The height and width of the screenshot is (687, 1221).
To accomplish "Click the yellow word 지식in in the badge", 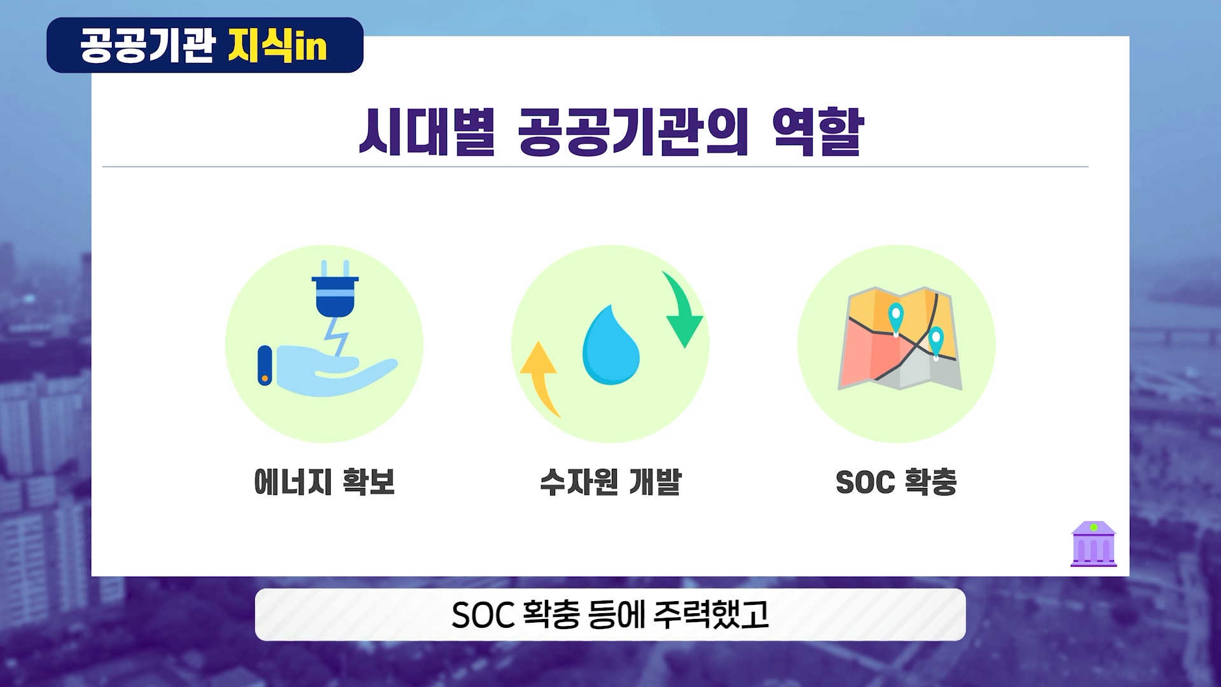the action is (278, 45).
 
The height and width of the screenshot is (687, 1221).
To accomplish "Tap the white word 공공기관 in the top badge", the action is (148, 45).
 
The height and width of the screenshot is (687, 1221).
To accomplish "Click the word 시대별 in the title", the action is (427, 132).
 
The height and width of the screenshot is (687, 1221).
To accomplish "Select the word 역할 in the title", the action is (818, 132).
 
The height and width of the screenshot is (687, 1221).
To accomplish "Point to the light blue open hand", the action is (327, 370).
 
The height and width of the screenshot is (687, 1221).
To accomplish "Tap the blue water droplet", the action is (611, 345).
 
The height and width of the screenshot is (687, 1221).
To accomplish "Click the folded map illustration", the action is (900, 338).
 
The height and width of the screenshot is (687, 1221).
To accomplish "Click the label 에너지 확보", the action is (324, 482).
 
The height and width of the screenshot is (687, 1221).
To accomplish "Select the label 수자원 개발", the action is (610, 482).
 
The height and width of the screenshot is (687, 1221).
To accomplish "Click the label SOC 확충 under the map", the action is (897, 482).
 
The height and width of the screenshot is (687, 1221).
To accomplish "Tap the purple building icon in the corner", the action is (1094, 544).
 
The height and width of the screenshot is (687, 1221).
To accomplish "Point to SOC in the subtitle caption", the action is (483, 615).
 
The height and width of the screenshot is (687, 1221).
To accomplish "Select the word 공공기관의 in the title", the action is (633, 132).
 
